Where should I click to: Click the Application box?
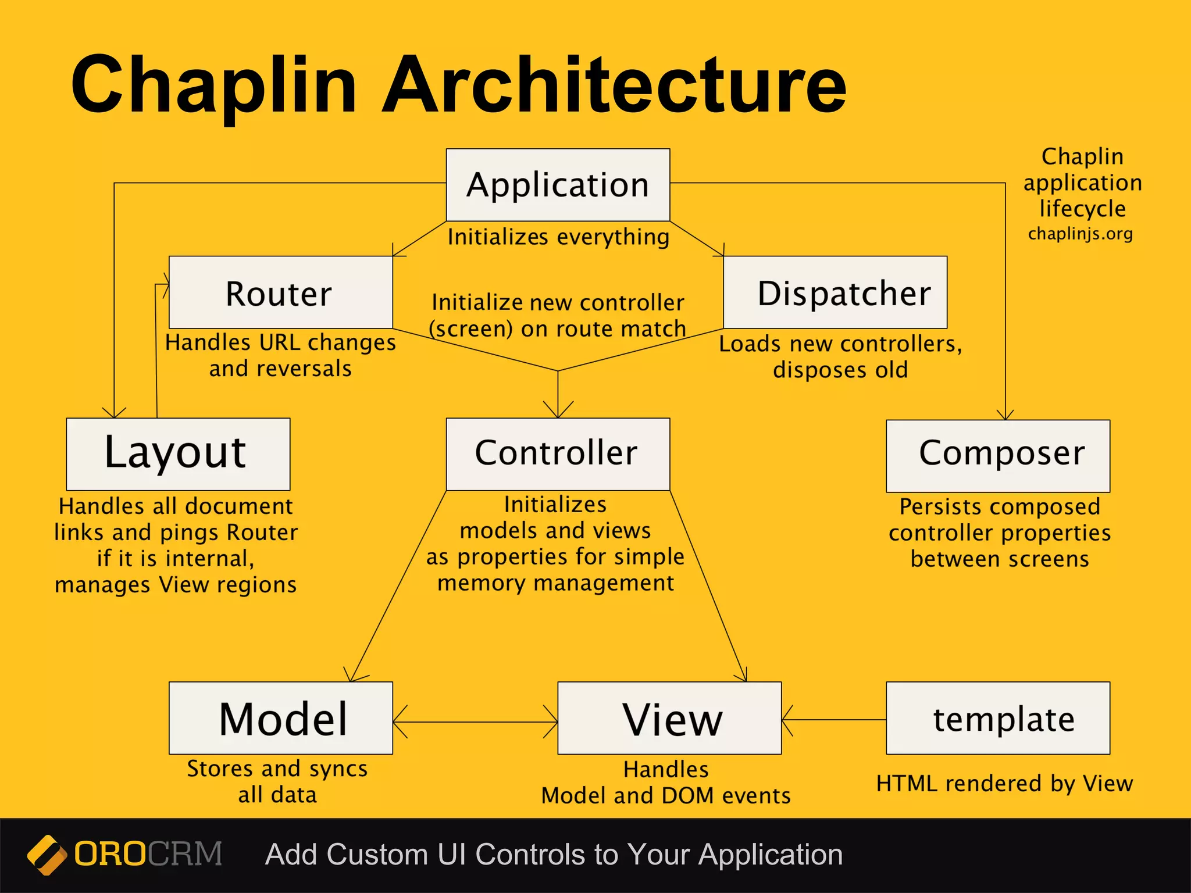click(558, 185)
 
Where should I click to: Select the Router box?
click(280, 292)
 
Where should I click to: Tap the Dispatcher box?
click(835, 292)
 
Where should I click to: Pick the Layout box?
click(178, 453)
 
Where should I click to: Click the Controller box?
click(558, 453)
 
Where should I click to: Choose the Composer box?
click(998, 455)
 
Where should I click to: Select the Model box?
click(280, 718)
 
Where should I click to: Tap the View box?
click(669, 718)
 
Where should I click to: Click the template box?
click(998, 718)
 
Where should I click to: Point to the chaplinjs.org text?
click(1080, 234)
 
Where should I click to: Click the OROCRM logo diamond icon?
click(47, 855)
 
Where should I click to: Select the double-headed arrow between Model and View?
click(475, 722)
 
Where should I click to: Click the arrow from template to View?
click(833, 720)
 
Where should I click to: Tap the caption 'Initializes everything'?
click(558, 237)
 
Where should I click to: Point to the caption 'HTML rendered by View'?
click(1004, 784)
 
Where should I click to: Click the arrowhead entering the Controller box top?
click(558, 410)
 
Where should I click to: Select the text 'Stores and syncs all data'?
click(277, 781)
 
